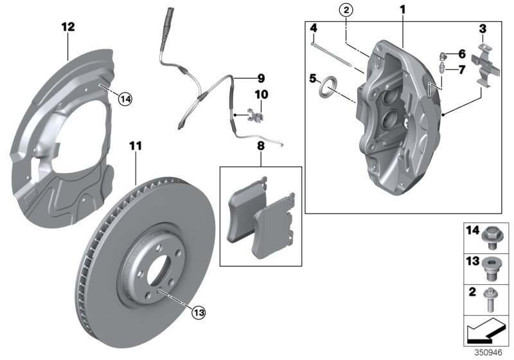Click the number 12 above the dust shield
pos(68,27)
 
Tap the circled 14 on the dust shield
pos(125,98)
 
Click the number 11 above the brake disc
pos(136,147)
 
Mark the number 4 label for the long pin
pos(314,28)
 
